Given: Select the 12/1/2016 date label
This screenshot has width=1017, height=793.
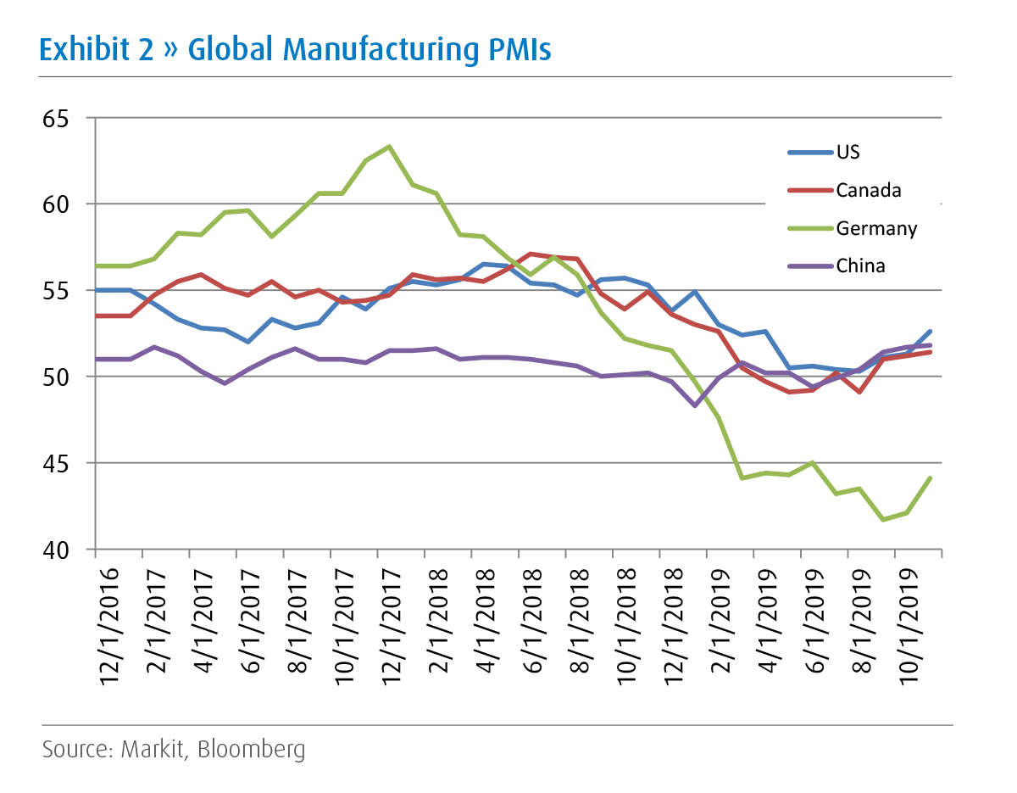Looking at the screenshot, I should point(110,628).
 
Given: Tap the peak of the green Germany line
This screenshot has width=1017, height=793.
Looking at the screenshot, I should point(388,146).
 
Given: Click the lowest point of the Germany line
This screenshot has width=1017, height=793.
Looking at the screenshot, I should point(885,520).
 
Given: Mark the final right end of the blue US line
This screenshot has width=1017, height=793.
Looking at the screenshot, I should point(931,331).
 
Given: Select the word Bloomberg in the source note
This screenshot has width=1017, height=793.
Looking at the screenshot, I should point(257,750).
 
